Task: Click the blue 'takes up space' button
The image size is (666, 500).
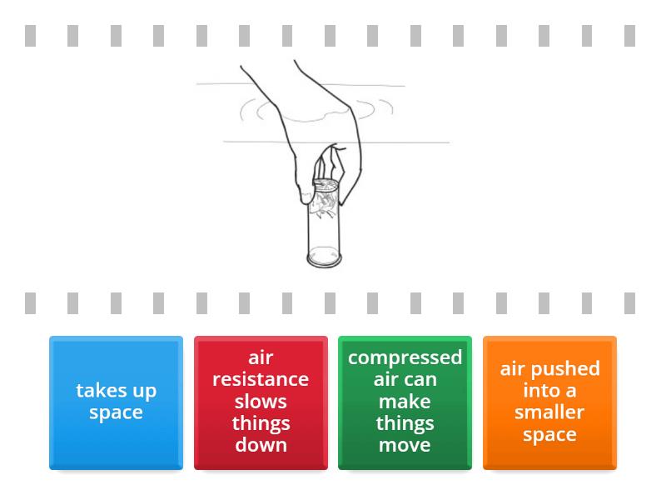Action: pyautogui.click(x=116, y=402)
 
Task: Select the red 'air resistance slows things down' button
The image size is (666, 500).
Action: pyautogui.click(x=261, y=402)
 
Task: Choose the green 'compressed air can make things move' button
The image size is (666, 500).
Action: pyautogui.click(x=405, y=402)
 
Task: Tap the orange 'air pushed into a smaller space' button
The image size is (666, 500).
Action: pyautogui.click(x=549, y=402)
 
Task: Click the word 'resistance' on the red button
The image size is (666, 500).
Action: pyautogui.click(x=261, y=379)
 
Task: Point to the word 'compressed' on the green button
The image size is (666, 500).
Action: pyautogui.click(x=405, y=358)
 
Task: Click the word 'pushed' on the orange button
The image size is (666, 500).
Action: pyautogui.click(x=565, y=369)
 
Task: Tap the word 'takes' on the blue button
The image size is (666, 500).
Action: pyautogui.click(x=101, y=391)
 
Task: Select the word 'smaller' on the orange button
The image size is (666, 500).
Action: pyautogui.click(x=549, y=412)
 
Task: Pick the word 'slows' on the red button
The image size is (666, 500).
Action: pyautogui.click(x=261, y=402)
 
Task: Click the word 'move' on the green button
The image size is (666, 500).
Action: pyautogui.click(x=405, y=446)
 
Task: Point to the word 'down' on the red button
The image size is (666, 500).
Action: pyautogui.click(x=261, y=445)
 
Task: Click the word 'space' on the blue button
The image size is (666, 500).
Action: pyautogui.click(x=116, y=413)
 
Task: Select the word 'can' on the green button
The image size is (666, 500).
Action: pyautogui.click(x=420, y=380)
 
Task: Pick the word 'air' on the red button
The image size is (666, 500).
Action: pyautogui.click(x=261, y=358)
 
